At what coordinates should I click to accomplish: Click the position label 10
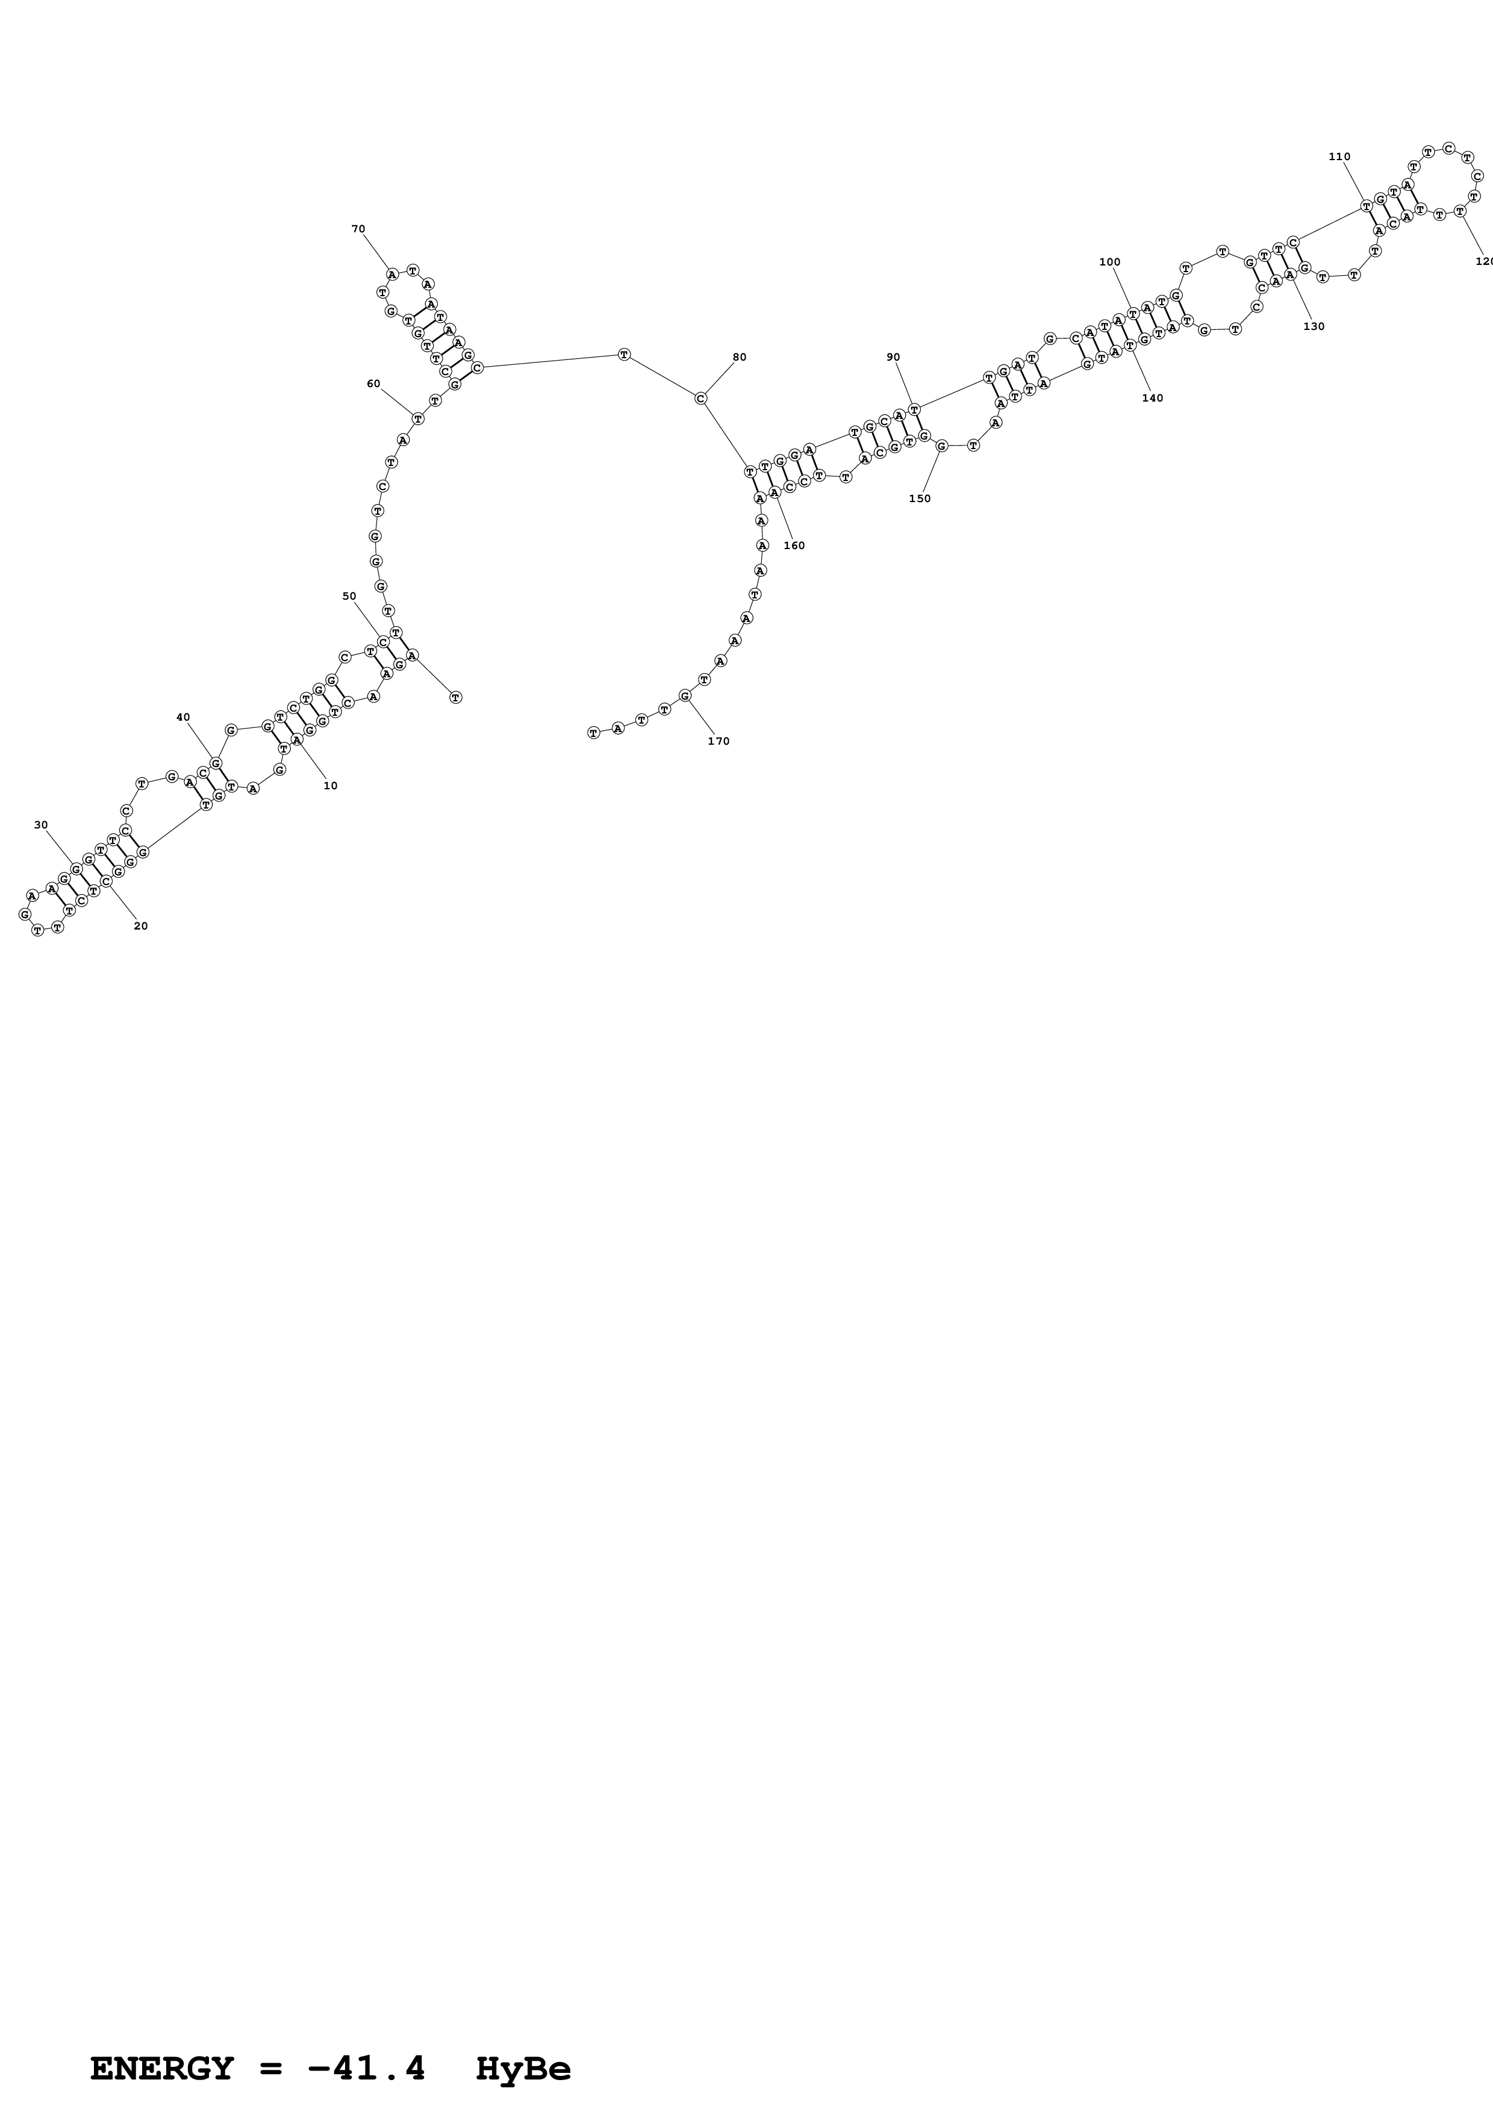[330, 786]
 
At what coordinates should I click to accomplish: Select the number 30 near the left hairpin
[40, 825]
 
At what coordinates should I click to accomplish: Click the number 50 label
[349, 596]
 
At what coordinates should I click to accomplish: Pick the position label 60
[373, 384]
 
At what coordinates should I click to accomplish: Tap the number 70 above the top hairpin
[358, 229]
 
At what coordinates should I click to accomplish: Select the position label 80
[740, 357]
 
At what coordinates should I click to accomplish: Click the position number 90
[893, 357]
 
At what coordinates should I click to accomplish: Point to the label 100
[1109, 262]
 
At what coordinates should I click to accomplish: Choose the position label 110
[1339, 157]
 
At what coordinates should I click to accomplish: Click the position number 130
[1314, 326]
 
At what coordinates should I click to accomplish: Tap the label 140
[1152, 399]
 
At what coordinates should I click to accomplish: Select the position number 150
[919, 498]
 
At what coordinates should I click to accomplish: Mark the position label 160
[794, 545]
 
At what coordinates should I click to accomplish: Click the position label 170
[718, 741]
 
